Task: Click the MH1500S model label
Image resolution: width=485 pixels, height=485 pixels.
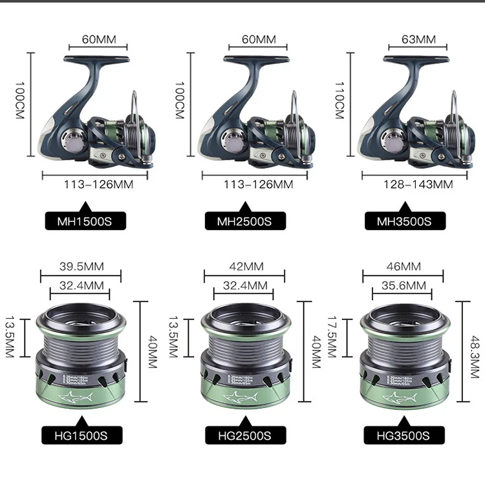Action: click(x=81, y=221)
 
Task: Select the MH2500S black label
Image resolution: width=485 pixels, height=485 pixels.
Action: click(x=243, y=221)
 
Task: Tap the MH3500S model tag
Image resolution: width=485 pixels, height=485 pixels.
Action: click(x=404, y=221)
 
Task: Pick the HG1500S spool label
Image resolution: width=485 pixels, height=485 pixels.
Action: click(x=81, y=435)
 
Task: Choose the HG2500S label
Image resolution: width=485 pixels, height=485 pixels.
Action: click(x=243, y=435)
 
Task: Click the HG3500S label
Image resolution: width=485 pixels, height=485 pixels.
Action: click(x=404, y=435)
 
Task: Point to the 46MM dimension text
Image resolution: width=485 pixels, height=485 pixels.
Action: click(x=404, y=266)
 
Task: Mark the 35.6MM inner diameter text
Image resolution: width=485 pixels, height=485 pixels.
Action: click(x=403, y=285)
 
